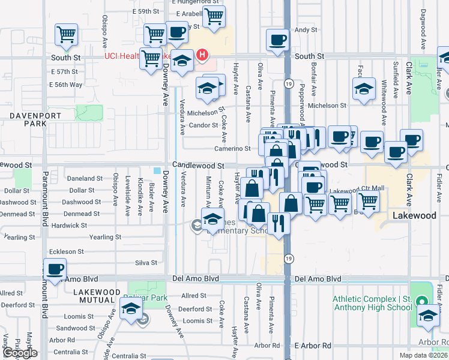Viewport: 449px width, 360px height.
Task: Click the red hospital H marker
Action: pos(202,56)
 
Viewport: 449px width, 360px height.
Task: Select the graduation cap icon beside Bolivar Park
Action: pos(130,310)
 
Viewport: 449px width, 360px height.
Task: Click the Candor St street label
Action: pos(203,125)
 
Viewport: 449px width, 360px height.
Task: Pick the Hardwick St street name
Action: pos(70,226)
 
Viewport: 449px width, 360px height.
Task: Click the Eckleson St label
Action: pos(67,252)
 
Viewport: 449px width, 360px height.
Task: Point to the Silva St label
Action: pos(146,263)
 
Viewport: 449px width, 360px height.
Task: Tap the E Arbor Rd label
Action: pos(313,346)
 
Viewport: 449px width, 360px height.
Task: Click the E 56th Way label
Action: pos(66,85)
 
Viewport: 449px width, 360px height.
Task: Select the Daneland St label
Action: pos(85,179)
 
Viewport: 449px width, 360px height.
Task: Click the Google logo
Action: pos(19,353)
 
